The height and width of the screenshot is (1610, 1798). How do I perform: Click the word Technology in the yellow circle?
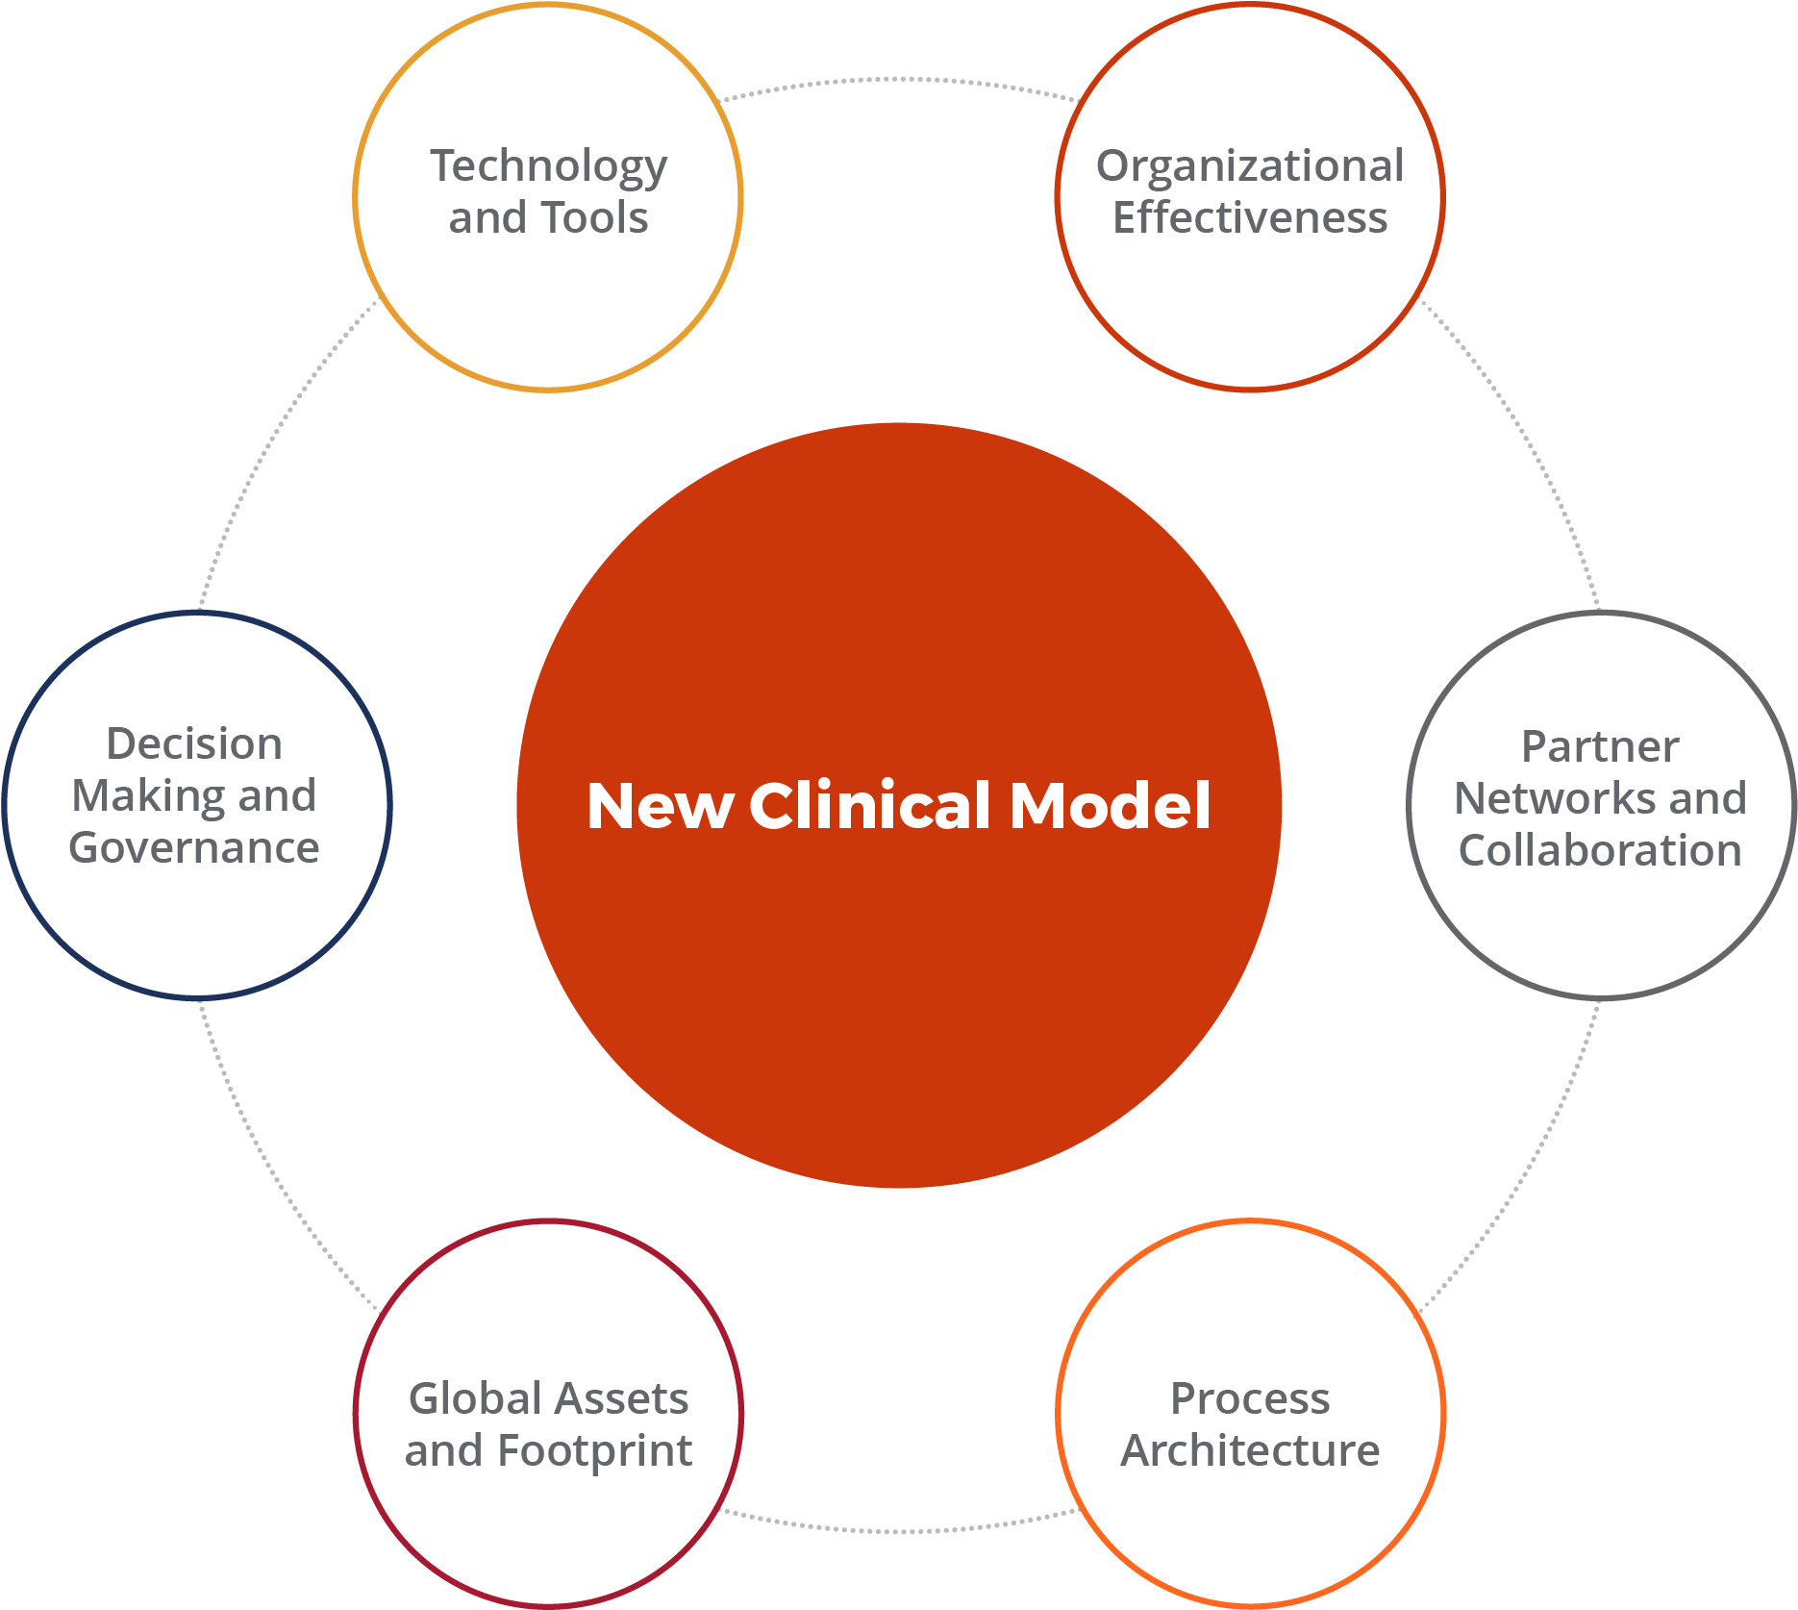click(x=548, y=167)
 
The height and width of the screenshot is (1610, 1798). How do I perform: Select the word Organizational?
click(x=1250, y=166)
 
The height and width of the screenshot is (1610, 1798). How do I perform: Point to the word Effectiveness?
click(x=1250, y=218)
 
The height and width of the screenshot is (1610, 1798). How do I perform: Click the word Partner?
click(x=1600, y=747)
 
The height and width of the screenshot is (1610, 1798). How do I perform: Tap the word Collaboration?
click(x=1600, y=850)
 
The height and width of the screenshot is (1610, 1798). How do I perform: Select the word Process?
click(x=1250, y=1398)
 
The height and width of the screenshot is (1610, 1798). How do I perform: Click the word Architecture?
click(x=1250, y=1450)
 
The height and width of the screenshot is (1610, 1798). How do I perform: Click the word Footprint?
click(x=595, y=1451)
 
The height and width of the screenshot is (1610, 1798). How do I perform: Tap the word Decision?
click(x=194, y=744)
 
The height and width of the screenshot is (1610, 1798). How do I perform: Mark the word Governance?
click(x=194, y=848)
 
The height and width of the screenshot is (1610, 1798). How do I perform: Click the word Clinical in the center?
click(x=869, y=805)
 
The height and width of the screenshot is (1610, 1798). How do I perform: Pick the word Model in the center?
click(x=1110, y=805)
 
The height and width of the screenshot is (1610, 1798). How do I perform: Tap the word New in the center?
click(x=661, y=805)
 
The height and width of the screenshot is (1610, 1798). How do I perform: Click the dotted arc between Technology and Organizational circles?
click(x=899, y=80)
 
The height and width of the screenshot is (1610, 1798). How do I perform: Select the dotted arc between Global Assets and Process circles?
click(x=899, y=1530)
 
